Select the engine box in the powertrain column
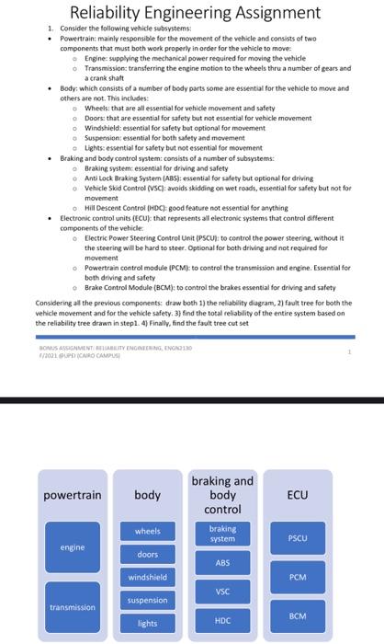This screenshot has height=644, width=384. pos(73,547)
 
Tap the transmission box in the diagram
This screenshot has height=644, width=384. pos(73,607)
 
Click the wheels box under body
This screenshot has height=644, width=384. pos(147,531)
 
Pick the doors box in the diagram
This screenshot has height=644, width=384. pos(147,554)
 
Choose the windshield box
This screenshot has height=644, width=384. pos(147,577)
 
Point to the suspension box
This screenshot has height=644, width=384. pos(147,600)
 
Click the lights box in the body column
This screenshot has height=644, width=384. pos(147,623)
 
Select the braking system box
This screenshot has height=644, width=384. pos(222,533)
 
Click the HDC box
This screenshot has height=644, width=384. pos(222,621)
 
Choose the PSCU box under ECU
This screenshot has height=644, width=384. pos(297,538)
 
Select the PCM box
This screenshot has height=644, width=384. pos(297,577)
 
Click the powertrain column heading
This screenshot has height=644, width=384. pos(73,495)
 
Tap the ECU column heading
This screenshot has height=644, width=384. pos(297,495)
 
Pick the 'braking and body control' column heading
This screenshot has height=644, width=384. pos(222,495)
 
